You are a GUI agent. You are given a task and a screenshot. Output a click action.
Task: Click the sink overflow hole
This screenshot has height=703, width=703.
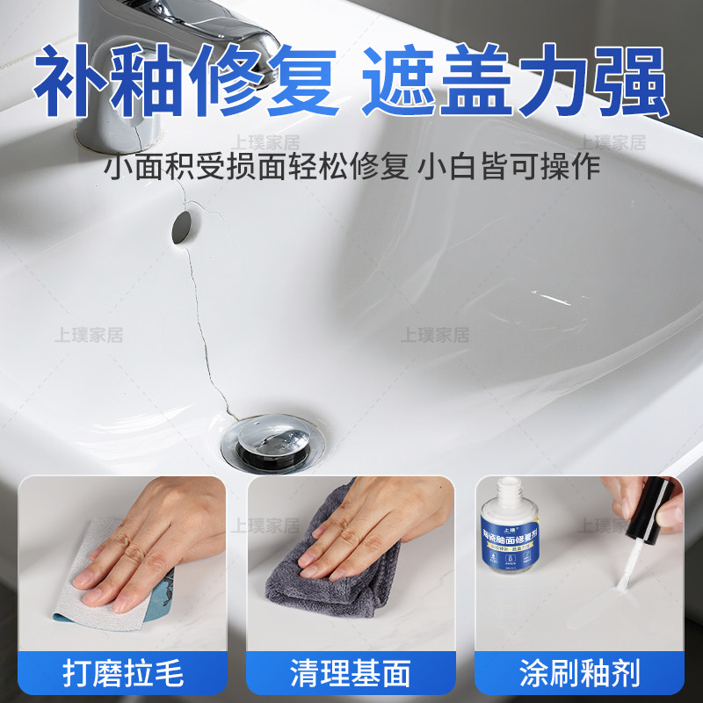pyautogui.click(x=184, y=225)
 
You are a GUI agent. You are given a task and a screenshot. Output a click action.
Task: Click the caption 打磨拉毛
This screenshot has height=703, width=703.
pyautogui.click(x=123, y=673)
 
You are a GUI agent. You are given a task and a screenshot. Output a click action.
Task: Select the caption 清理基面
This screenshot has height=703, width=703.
pyautogui.click(x=351, y=673)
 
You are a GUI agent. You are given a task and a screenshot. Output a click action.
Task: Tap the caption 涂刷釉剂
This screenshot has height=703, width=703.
pyautogui.click(x=579, y=673)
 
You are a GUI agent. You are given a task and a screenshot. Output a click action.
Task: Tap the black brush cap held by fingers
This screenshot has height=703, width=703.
pyautogui.click(x=646, y=518)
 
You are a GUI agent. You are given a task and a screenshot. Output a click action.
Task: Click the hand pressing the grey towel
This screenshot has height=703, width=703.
pyautogui.click(x=360, y=536)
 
